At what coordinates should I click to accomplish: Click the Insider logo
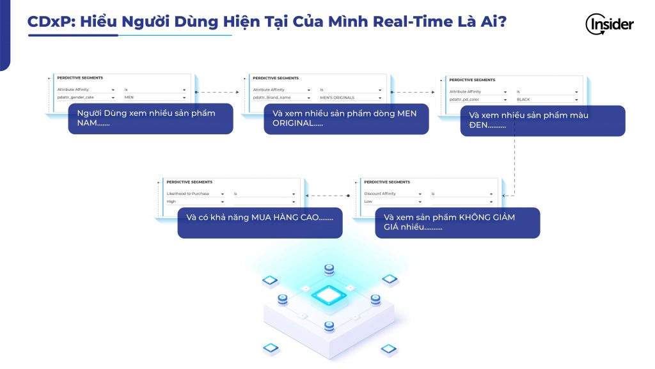click(x=609, y=24)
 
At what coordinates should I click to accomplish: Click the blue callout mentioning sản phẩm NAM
click(x=150, y=118)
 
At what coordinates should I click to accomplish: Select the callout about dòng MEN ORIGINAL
click(x=346, y=118)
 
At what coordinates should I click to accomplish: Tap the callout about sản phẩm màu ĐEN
click(x=542, y=120)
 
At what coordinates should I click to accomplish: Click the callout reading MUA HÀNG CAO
click(x=260, y=223)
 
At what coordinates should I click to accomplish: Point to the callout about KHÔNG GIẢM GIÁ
click(x=457, y=223)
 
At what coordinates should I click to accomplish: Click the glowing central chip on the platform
click(x=329, y=294)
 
